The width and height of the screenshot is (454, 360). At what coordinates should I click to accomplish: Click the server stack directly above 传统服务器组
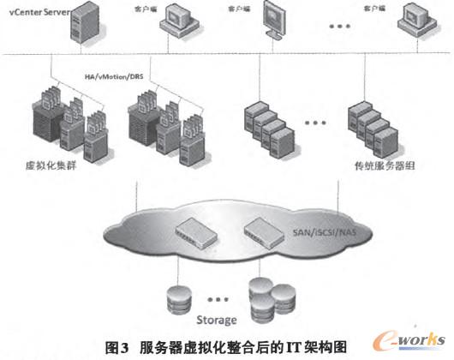coord(374,124)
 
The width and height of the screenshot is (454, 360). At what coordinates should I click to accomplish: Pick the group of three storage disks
coord(264,297)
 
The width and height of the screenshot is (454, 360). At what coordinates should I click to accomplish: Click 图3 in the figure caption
coord(116,347)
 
